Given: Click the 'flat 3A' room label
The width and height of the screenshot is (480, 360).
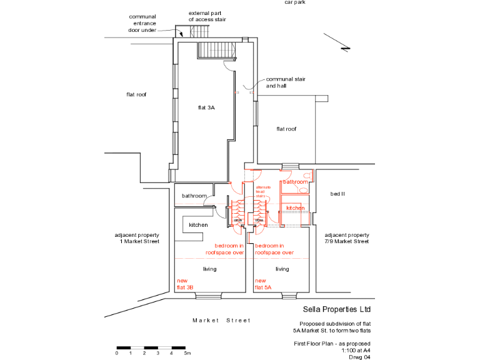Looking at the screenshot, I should [x=206, y=108].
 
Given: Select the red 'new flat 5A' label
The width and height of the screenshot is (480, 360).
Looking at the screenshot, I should [x=263, y=284].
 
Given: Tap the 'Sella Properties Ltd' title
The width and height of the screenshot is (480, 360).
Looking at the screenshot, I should [x=337, y=309].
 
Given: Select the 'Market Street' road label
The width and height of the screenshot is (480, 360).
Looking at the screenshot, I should [x=221, y=321].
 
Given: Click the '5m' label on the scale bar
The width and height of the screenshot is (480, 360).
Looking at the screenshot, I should [x=187, y=353].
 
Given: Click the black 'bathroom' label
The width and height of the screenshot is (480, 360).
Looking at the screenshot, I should [x=194, y=196].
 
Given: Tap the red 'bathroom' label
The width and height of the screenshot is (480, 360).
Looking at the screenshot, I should [x=295, y=182].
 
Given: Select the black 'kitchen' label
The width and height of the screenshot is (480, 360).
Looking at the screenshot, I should [x=198, y=224].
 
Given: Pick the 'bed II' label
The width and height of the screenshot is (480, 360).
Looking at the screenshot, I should [x=337, y=194].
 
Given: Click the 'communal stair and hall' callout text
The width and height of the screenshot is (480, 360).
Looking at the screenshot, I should [x=283, y=82].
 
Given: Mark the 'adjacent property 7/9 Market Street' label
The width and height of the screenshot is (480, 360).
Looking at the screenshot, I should [x=347, y=238].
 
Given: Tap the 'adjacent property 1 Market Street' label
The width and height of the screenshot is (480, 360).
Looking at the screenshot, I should [x=137, y=238].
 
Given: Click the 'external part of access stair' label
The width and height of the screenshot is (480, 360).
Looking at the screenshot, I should [x=208, y=16].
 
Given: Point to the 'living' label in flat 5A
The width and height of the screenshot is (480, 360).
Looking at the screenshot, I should [x=282, y=269].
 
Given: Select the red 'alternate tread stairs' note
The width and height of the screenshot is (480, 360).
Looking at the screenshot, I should [x=263, y=192].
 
